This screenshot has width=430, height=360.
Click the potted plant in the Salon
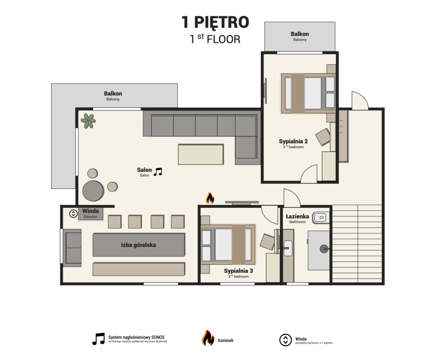tap(88, 121)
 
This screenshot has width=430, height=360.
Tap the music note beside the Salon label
tap(158, 172)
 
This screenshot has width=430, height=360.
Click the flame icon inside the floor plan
tap(210, 198)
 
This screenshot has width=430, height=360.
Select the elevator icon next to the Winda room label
tap(73, 213)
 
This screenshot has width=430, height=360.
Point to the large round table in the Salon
tap(93, 191)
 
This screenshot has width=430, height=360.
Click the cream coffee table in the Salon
tap(201, 154)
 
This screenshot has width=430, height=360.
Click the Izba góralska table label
tap(139, 245)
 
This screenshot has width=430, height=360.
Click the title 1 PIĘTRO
tap(215, 22)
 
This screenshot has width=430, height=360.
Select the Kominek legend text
tap(225, 341)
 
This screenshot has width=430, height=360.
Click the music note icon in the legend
tap(98, 339)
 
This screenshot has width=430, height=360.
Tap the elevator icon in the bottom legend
tap(286, 340)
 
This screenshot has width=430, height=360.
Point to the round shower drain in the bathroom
tap(324, 249)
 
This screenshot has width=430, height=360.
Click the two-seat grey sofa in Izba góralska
tap(72, 248)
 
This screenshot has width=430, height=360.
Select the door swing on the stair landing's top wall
tap(360, 100)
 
